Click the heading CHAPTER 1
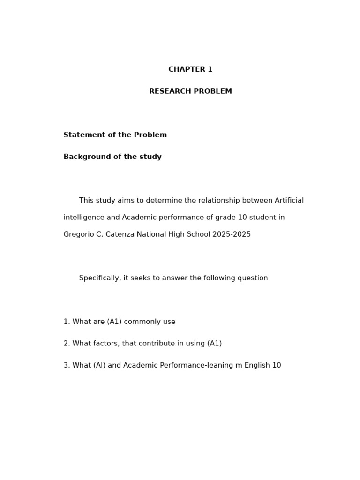(190, 70)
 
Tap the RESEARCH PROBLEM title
(190, 91)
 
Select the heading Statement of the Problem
(115, 135)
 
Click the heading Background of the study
(112, 157)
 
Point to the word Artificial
(288, 201)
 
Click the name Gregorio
(78, 234)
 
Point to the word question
(253, 278)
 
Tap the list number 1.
(66, 322)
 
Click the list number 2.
(66, 344)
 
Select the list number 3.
(66, 365)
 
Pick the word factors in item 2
(106, 344)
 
